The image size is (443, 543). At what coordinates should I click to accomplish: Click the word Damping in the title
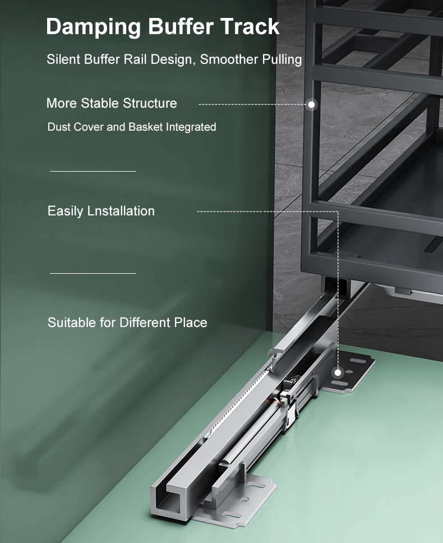(93, 27)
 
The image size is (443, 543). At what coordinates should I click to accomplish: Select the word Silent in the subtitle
(64, 59)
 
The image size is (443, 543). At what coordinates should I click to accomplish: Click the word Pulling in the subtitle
(282, 59)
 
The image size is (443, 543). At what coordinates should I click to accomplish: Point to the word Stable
(100, 103)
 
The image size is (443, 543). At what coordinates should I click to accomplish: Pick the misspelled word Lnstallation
(121, 211)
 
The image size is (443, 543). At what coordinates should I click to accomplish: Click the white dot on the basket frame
(311, 104)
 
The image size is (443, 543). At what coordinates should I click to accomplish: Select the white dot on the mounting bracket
(338, 372)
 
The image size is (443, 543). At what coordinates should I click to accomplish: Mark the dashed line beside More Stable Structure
(253, 104)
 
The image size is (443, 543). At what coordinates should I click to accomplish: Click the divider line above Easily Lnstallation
(93, 171)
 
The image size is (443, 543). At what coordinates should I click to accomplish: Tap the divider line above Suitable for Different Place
(93, 273)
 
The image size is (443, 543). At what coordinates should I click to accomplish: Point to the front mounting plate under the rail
(239, 499)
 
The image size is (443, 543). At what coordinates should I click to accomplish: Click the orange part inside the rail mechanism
(277, 402)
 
